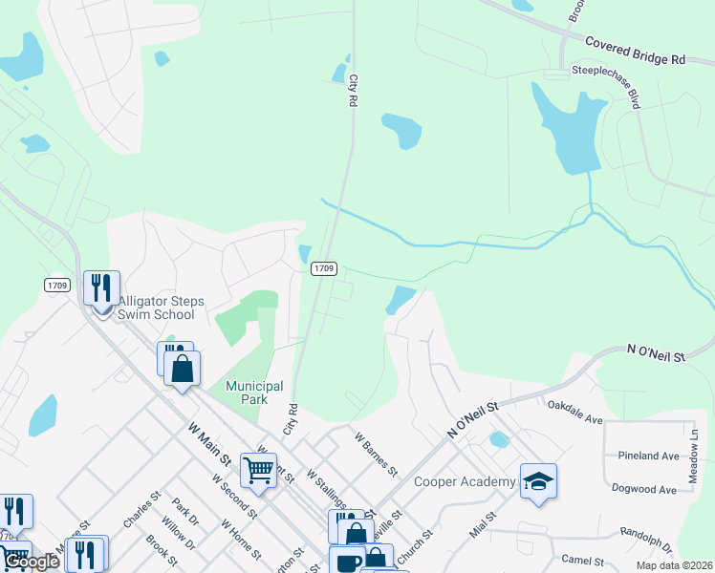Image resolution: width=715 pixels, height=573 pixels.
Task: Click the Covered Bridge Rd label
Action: pyautogui.click(x=635, y=51)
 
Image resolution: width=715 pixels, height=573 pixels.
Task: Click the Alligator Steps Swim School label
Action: pyautogui.click(x=155, y=308)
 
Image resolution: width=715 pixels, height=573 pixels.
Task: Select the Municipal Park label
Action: pyautogui.click(x=253, y=393)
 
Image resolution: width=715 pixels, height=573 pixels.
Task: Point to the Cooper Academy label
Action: pyautogui.click(x=464, y=481)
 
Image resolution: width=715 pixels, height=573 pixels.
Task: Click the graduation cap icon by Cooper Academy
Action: pyautogui.click(x=538, y=481)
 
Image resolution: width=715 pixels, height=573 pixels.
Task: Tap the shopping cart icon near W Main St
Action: pyautogui.click(x=258, y=469)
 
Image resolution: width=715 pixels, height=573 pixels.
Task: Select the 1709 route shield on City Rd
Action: pyautogui.click(x=323, y=269)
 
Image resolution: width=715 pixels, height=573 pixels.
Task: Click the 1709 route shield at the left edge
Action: pyautogui.click(x=56, y=285)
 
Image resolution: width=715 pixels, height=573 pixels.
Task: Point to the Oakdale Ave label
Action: pyautogui.click(x=574, y=412)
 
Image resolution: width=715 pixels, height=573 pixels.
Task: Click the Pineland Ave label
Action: pyautogui.click(x=648, y=456)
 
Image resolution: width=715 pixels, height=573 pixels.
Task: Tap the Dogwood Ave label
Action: pyautogui.click(x=647, y=489)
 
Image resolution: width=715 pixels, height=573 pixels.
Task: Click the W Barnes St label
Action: pyautogui.click(x=376, y=454)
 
